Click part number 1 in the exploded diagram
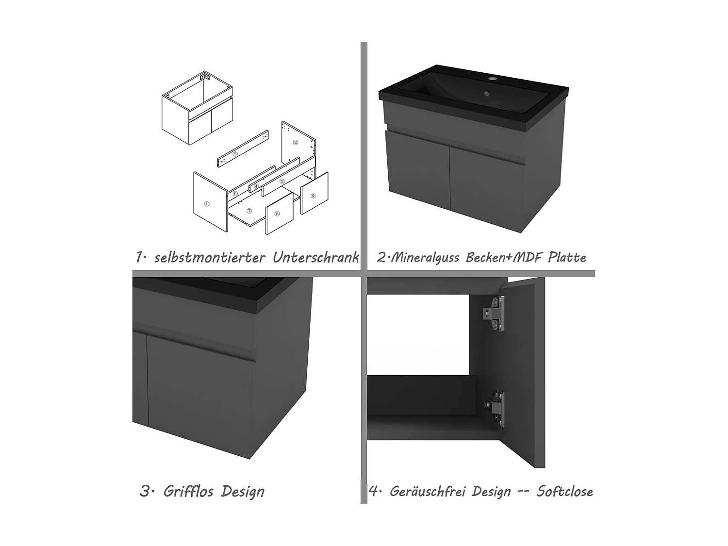pyautogui.click(x=207, y=204)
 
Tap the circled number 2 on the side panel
pyautogui.click(x=295, y=142)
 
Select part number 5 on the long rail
pyautogui.click(x=235, y=154)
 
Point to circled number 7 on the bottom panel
pyautogui.click(x=249, y=211)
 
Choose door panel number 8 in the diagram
pyautogui.click(x=277, y=214)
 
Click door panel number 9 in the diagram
pyautogui.click(x=313, y=196)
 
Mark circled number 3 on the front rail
pyautogui.click(x=282, y=181)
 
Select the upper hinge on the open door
pyautogui.click(x=494, y=314)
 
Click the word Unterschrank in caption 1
pyautogui.click(x=315, y=257)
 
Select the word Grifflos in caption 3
pyautogui.click(x=188, y=491)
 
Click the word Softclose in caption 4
pyautogui.click(x=564, y=491)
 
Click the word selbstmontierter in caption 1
pyautogui.click(x=210, y=257)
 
